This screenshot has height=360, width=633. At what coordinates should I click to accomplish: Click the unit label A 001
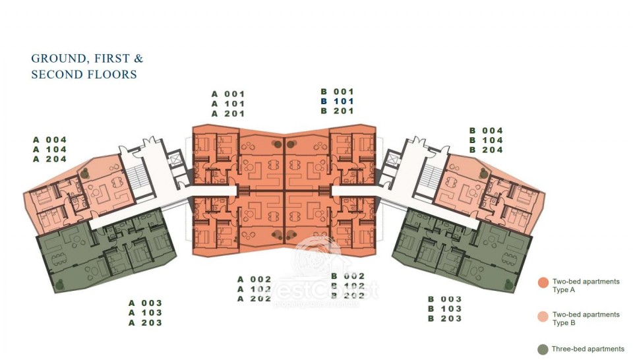tap(228, 94)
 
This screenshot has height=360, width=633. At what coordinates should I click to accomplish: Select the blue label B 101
tap(338, 102)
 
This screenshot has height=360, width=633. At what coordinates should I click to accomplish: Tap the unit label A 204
tap(50, 160)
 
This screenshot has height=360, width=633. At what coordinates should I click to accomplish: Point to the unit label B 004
tap(486, 131)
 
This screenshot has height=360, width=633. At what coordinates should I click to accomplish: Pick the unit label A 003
tap(145, 303)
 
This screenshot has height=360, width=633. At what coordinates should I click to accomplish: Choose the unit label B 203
tap(444, 318)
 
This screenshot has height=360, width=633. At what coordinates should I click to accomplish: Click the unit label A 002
tap(255, 279)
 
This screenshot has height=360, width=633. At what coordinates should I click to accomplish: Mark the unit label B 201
tap(338, 111)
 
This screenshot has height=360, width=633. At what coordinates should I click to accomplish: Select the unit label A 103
tap(145, 313)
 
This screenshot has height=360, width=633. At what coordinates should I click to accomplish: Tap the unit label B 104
tap(486, 140)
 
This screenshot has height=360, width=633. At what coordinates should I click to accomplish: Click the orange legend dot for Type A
tap(543, 284)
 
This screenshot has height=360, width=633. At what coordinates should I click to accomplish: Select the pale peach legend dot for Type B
tap(543, 316)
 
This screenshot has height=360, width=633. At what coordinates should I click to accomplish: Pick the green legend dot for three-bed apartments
tap(543, 349)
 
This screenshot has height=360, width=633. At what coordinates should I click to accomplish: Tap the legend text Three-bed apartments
tap(588, 349)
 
